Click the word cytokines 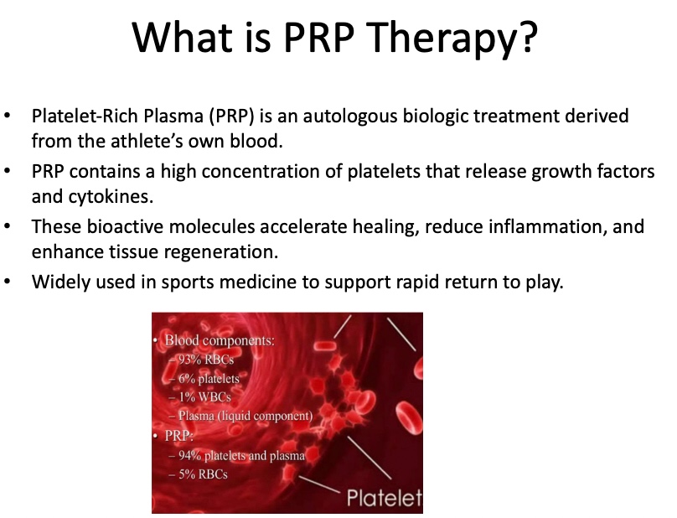(x=98, y=194)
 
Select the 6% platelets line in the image (x=209, y=379)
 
